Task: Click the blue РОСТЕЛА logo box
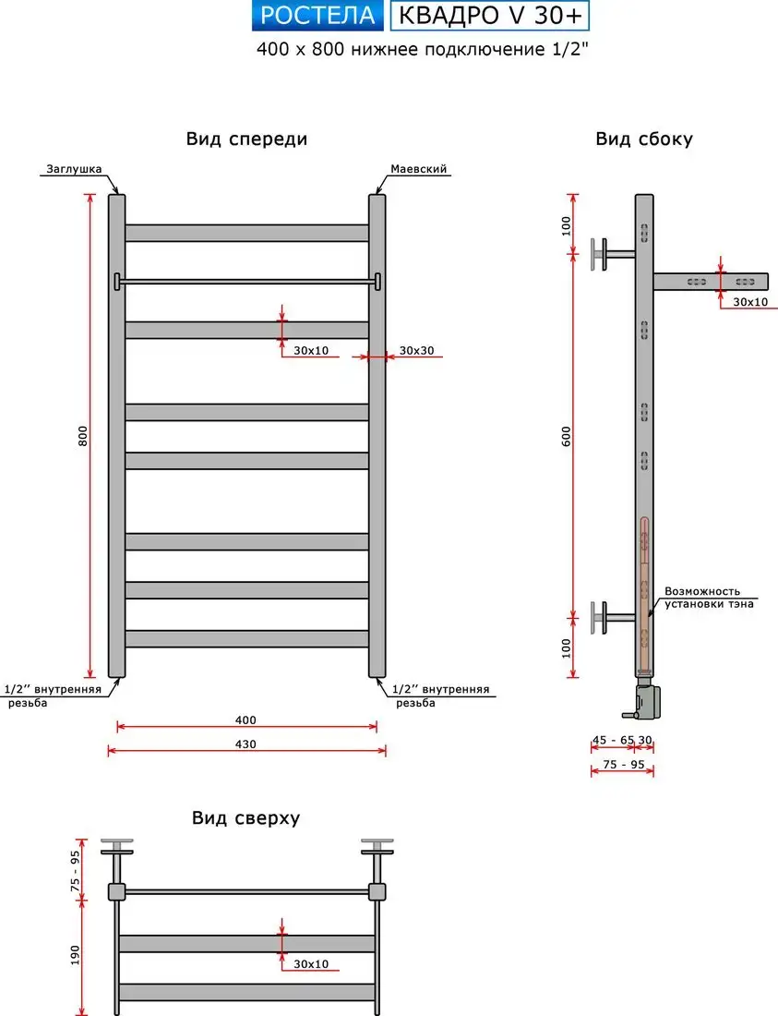[318, 16]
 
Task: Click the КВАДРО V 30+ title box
[490, 16]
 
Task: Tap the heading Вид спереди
[246, 139]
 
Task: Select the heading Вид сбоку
[644, 139]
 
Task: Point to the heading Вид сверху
[245, 818]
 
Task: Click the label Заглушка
[71, 170]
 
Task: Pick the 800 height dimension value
[82, 436]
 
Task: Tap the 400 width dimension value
[245, 720]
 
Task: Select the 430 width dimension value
[245, 744]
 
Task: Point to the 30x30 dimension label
[416, 351]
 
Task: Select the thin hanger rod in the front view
[246, 281]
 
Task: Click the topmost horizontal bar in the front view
[246, 233]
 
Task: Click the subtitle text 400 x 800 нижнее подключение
[422, 50]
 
